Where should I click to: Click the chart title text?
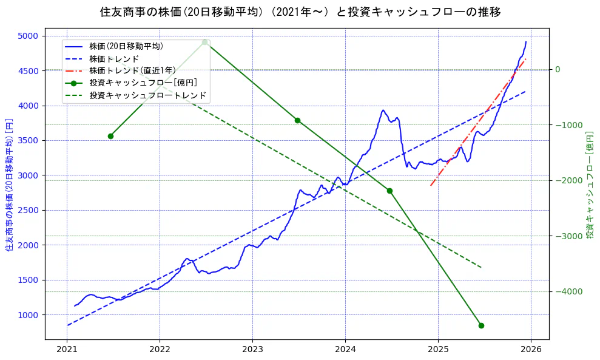(x=300, y=12)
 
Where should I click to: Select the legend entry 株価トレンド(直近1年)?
(x=132, y=70)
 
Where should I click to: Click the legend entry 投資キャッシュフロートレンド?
(x=147, y=95)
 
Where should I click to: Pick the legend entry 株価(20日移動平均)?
(x=126, y=46)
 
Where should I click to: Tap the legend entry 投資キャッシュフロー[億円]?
(x=143, y=83)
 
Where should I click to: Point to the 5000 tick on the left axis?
(x=27, y=36)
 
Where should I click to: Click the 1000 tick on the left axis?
(x=27, y=314)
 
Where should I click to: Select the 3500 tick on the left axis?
(x=27, y=140)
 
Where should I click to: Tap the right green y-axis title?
(x=589, y=184)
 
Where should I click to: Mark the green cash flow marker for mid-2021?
(x=110, y=136)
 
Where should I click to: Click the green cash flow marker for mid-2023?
(x=297, y=120)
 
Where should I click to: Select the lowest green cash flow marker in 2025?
(x=481, y=325)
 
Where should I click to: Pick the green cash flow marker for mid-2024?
(x=389, y=191)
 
